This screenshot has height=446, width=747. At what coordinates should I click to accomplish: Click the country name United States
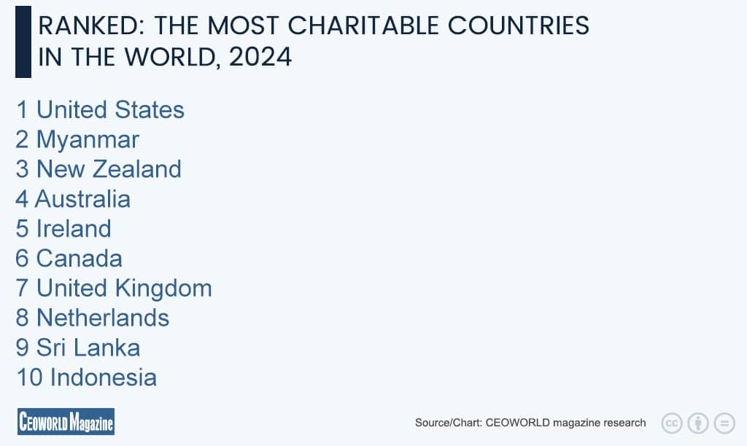(110, 110)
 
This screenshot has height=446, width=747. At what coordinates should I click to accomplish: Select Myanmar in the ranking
(88, 139)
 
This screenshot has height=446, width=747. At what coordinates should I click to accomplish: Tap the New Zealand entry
(109, 169)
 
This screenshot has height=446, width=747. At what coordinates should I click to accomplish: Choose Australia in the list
(83, 199)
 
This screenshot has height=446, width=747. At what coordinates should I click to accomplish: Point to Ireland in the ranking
(74, 229)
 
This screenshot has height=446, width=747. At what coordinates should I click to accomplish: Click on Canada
(80, 259)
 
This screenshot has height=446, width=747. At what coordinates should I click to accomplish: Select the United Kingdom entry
(124, 289)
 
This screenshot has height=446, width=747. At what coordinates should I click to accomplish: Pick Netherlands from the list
(103, 318)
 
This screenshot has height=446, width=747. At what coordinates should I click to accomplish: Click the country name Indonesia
(103, 377)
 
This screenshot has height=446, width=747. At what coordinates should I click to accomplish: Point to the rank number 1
(22, 110)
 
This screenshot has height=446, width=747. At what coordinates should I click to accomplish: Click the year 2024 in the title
(260, 57)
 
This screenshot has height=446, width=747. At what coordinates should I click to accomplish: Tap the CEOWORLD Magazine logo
(66, 421)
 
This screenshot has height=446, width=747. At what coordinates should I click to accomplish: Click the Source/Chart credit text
(530, 423)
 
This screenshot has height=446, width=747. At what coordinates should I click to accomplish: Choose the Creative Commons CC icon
(671, 423)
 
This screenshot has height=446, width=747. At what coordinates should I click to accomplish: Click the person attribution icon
(698, 423)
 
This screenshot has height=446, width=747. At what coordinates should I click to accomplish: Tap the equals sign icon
(724, 423)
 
